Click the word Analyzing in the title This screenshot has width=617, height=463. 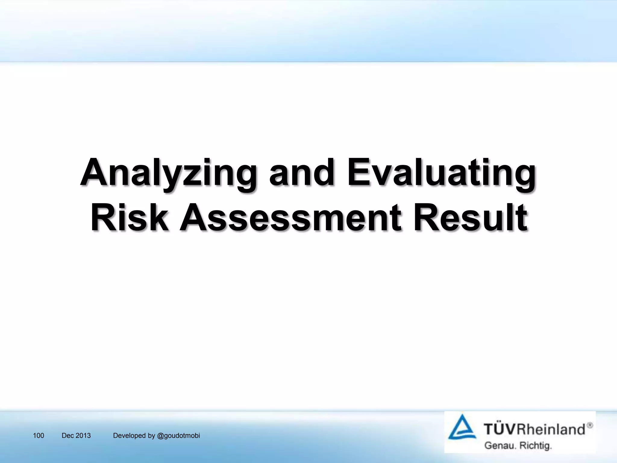[x=168, y=173]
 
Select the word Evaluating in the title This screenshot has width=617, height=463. [x=441, y=173]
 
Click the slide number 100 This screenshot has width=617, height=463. [x=38, y=436]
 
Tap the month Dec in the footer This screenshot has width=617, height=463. [x=67, y=436]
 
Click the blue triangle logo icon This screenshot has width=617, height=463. [x=462, y=428]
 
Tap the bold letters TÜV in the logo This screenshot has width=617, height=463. [x=500, y=429]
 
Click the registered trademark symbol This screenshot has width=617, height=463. [x=590, y=425]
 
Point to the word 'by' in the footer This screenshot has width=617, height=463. [x=152, y=436]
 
